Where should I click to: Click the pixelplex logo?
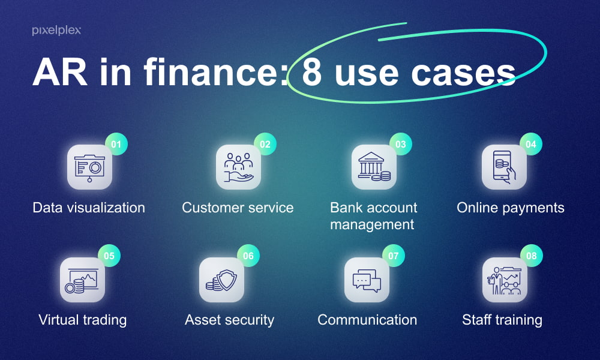point(56,31)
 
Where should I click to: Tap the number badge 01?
point(116,145)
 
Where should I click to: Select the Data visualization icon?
point(89,167)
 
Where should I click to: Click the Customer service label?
point(238,208)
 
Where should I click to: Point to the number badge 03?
point(401,145)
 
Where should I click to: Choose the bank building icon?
point(374,167)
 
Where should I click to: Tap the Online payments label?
point(511,208)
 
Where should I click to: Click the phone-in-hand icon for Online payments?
point(505,167)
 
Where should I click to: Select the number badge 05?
point(109,256)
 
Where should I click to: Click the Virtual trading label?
point(83,320)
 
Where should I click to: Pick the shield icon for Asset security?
point(221,280)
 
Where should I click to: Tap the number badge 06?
point(248,256)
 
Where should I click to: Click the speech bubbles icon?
point(367,280)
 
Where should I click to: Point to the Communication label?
point(367,320)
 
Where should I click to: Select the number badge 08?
point(531,256)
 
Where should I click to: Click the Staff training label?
point(502,320)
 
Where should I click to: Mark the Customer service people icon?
point(238,167)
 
